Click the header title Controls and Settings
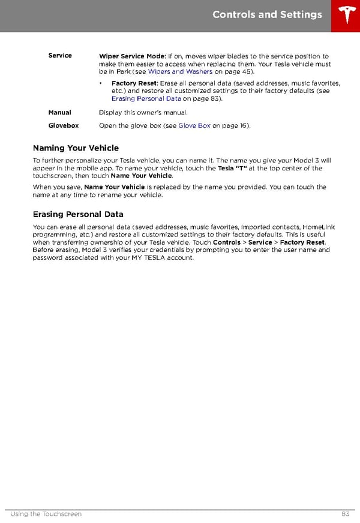coord(267,15)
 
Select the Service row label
coord(60,56)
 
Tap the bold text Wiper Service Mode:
coord(132,56)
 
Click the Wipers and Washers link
coord(180,72)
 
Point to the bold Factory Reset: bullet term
coord(135,83)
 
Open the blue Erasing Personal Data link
coord(146,98)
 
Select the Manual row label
coord(59,113)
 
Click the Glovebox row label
coord(63,126)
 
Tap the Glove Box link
coord(194,126)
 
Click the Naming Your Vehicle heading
coord(76,148)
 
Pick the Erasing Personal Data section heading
coord(77,214)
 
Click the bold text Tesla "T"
coord(232,169)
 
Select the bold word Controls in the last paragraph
coord(227,242)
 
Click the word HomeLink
coord(319,227)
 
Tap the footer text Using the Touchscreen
coord(46,514)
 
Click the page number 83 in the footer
coord(345,514)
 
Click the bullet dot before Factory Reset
coord(101,83)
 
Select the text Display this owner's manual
coord(143,113)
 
